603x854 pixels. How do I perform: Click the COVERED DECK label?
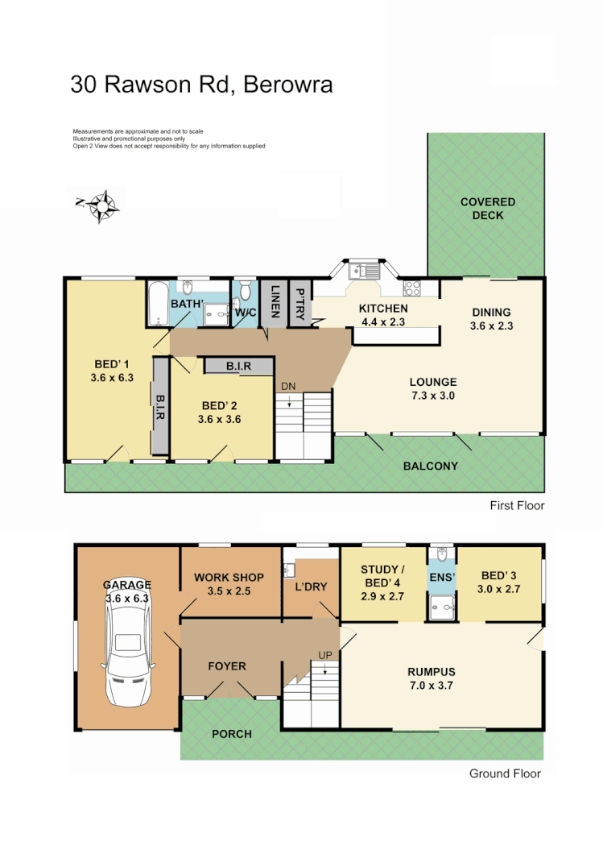(487, 209)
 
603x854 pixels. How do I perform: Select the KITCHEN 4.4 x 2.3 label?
(383, 315)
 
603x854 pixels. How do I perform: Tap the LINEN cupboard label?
(275, 301)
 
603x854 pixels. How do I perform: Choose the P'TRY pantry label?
(299, 301)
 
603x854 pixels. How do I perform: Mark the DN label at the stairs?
(288, 386)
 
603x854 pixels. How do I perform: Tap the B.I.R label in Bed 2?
(237, 366)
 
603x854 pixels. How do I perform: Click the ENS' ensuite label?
(440, 577)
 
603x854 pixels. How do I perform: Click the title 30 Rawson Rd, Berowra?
(201, 85)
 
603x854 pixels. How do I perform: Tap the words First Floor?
(517, 506)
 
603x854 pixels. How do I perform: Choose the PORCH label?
(231, 733)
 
